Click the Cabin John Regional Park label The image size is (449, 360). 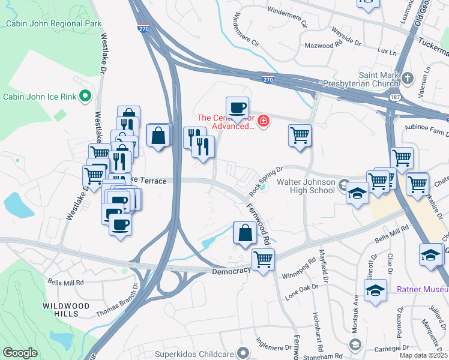53,24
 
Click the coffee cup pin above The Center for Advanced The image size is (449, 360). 237,107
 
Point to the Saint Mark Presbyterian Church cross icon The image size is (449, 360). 408,78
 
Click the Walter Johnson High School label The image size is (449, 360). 305,185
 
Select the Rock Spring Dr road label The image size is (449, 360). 265,181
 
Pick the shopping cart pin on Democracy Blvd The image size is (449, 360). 263,260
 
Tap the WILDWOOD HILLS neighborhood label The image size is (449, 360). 66,310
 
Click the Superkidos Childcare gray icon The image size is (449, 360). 243,352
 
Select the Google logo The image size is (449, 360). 20,353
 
